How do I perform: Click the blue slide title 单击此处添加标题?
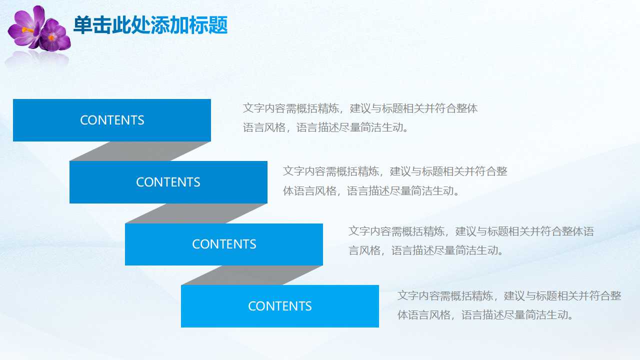point(150,25)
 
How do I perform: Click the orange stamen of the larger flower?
point(29,30)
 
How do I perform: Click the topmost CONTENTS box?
point(112,120)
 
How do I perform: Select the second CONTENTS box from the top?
point(168,182)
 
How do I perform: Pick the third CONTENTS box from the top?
point(224,244)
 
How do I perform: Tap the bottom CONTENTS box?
point(280,306)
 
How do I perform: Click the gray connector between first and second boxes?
point(140,151)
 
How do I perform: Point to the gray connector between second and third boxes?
point(196,213)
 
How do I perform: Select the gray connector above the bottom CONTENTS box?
point(251,275)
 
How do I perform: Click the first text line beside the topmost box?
point(360,108)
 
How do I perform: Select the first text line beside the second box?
point(395,171)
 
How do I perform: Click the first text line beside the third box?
point(471,231)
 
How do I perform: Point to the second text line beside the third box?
point(425,250)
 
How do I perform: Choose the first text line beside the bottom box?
point(509,295)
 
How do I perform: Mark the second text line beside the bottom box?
point(485,315)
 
